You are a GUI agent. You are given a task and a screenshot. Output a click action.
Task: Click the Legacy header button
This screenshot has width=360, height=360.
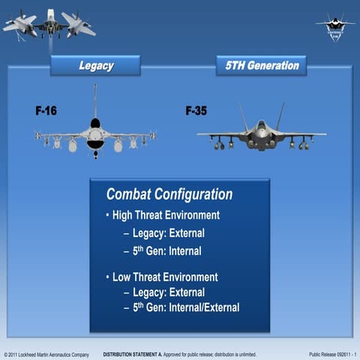95,66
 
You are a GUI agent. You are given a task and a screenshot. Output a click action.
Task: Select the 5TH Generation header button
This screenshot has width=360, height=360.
262,66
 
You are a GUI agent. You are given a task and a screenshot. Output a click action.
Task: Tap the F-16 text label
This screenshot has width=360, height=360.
46,111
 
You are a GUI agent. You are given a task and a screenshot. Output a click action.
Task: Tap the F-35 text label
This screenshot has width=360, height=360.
196,111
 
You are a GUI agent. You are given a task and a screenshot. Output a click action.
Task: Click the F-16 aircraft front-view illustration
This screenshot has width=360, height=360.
95,135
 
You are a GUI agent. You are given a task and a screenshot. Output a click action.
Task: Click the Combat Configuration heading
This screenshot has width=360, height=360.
169,194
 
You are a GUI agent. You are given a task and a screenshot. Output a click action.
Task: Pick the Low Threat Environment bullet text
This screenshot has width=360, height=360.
164,277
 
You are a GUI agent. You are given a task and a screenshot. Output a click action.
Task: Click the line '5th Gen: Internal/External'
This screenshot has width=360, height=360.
185,307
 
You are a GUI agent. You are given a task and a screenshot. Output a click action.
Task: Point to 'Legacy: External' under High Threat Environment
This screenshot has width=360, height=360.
168,233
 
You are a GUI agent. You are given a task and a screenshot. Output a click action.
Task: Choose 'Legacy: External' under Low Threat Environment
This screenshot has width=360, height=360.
168,292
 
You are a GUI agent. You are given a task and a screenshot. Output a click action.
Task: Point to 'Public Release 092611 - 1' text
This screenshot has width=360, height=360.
332,353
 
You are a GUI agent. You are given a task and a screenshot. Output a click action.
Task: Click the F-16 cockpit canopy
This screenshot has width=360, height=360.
95,123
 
